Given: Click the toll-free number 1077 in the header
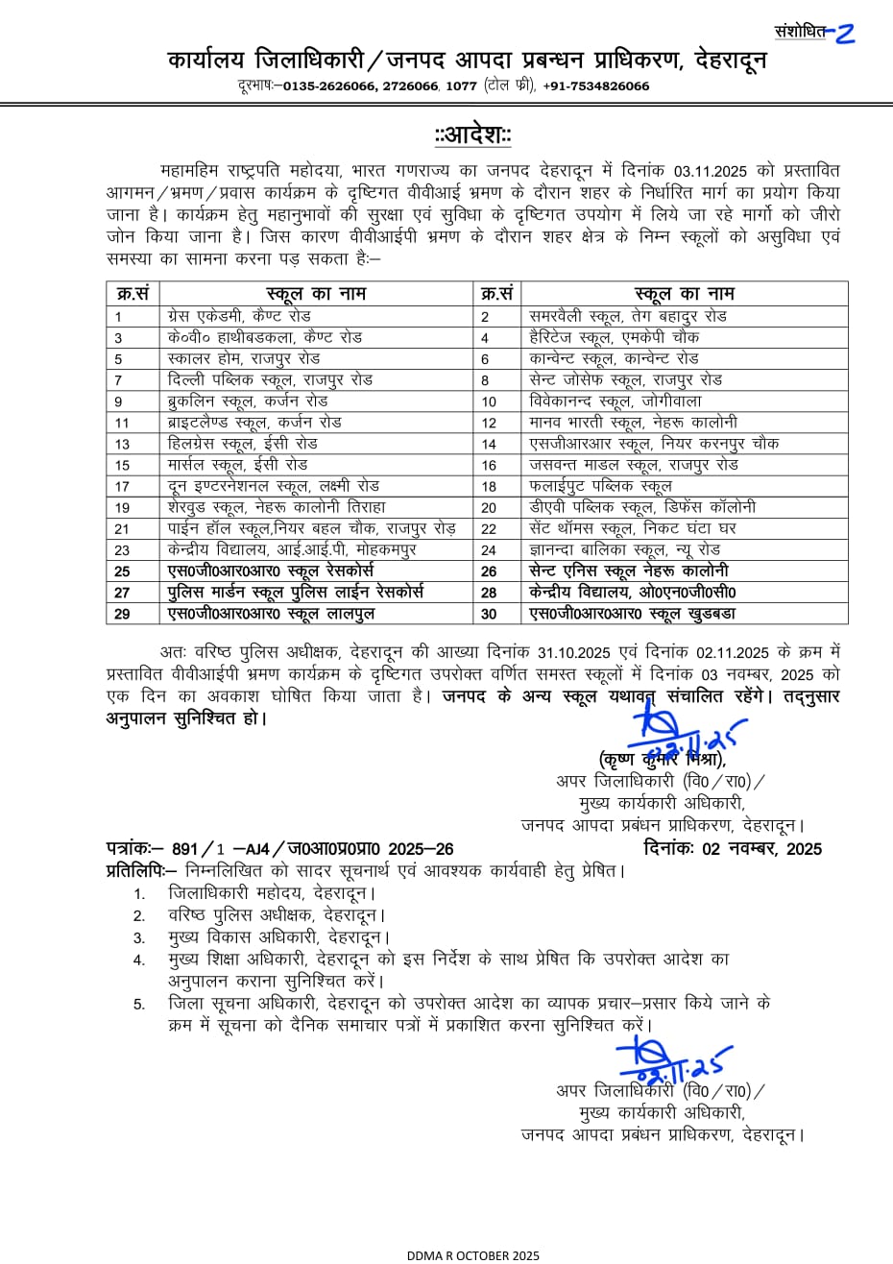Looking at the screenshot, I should point(461,86).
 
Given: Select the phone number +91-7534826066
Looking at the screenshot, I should point(595,86).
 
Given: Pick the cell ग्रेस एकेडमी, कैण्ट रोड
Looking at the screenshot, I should point(239,316).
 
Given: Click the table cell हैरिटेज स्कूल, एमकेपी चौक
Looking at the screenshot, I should point(615,337).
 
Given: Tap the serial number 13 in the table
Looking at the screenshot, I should point(122,444).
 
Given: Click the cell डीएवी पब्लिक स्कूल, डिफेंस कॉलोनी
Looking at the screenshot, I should point(642,507).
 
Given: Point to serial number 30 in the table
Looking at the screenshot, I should point(490,614).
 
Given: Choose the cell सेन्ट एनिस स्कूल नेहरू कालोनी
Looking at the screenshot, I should point(629,571).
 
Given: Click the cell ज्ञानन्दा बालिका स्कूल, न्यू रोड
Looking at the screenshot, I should point(624,550).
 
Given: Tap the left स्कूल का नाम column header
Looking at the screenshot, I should point(315,294).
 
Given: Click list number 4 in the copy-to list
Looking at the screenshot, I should point(139,960).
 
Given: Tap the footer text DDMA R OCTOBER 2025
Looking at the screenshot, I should point(473,1254).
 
